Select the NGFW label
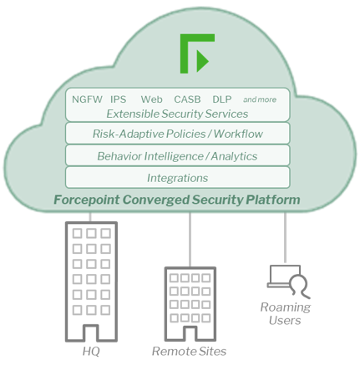(x=87, y=99)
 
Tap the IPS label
(x=119, y=99)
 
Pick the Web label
(x=151, y=99)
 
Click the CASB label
(x=187, y=99)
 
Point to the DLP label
(x=222, y=99)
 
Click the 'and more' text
(x=260, y=99)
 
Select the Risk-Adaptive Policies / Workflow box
(x=178, y=134)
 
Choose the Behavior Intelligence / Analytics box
(x=178, y=155)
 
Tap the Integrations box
(x=178, y=178)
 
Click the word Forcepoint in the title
(x=87, y=200)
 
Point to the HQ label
(x=91, y=351)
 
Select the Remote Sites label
(x=189, y=351)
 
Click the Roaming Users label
(x=286, y=314)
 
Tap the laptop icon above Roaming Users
(x=284, y=276)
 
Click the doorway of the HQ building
(x=91, y=332)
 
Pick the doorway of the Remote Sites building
(x=190, y=333)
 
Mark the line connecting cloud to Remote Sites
(x=190, y=240)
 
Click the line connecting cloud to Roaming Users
(x=285, y=237)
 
